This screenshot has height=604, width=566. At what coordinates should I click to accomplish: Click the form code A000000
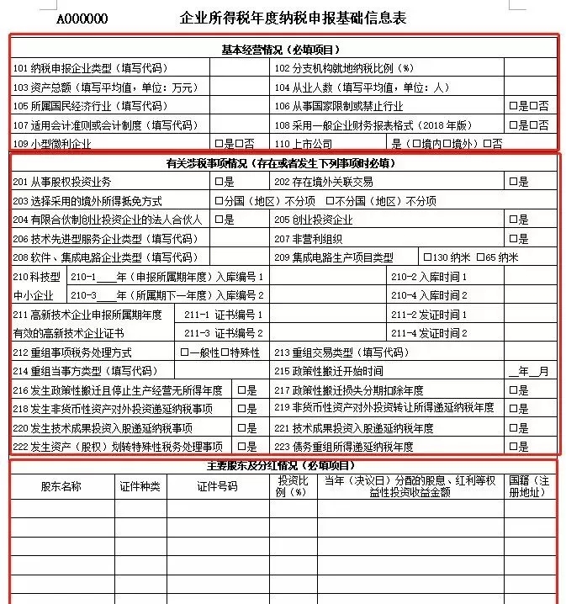click(82, 19)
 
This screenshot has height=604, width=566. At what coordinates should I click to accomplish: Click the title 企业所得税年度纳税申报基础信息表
click(293, 18)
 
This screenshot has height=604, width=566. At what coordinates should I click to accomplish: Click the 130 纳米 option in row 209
click(446, 257)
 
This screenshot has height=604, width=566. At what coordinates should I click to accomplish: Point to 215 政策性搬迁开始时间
click(329, 371)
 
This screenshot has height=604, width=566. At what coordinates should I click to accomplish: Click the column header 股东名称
click(61, 486)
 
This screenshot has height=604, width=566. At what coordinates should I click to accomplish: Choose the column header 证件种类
click(140, 486)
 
